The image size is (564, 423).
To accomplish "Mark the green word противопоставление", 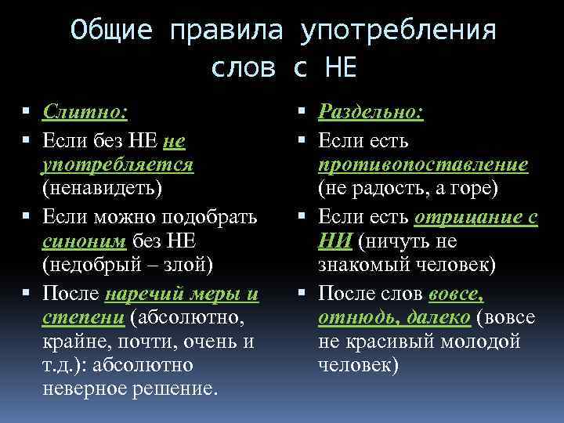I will [423, 165].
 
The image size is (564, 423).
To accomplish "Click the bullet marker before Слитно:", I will [27, 114].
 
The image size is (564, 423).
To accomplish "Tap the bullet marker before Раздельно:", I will [302, 114].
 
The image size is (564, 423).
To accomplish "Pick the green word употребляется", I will [118, 165].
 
